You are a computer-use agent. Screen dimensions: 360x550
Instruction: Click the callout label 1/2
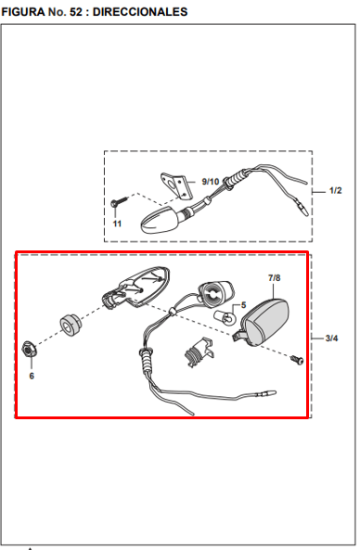click(x=335, y=190)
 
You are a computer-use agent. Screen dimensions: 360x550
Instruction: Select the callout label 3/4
click(x=331, y=339)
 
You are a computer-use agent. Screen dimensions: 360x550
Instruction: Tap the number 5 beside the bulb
click(x=243, y=305)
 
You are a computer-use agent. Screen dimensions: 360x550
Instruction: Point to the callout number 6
click(x=32, y=376)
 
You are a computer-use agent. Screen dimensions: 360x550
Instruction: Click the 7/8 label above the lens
click(x=274, y=278)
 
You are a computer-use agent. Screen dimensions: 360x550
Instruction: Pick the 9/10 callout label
click(x=211, y=182)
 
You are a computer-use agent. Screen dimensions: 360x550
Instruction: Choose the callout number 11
click(x=117, y=224)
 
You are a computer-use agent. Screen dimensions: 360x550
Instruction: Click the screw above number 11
click(x=119, y=202)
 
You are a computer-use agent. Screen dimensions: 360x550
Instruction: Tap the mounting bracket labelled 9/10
click(x=177, y=185)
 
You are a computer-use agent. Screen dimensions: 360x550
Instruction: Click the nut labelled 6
click(x=29, y=350)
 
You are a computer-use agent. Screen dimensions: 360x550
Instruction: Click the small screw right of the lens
click(x=297, y=360)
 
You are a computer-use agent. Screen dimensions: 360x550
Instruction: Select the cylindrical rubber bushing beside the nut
click(x=71, y=326)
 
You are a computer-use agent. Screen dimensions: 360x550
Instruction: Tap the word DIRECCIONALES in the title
click(x=140, y=12)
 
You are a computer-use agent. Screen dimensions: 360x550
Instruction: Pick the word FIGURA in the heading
click(x=23, y=12)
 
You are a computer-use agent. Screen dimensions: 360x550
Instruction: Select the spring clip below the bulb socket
click(x=199, y=352)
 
